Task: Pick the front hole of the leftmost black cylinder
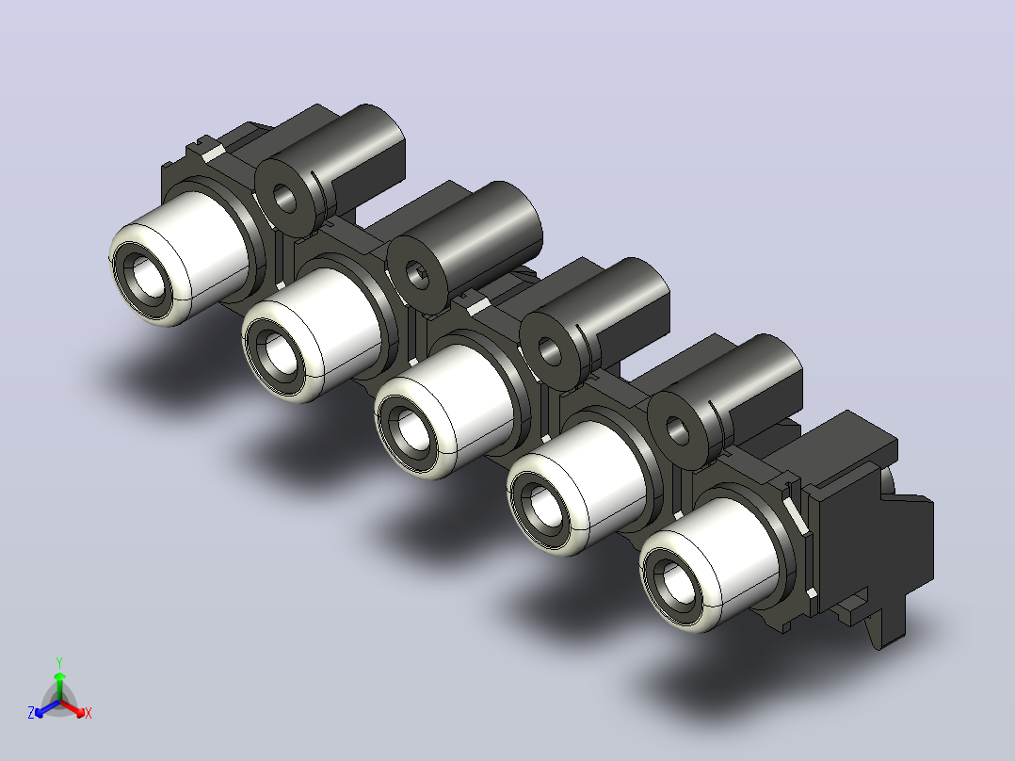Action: (284, 198)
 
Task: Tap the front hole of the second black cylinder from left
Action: (417, 275)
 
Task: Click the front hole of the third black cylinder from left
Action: (550, 351)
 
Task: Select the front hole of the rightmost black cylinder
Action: (677, 430)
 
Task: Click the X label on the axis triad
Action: (89, 713)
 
